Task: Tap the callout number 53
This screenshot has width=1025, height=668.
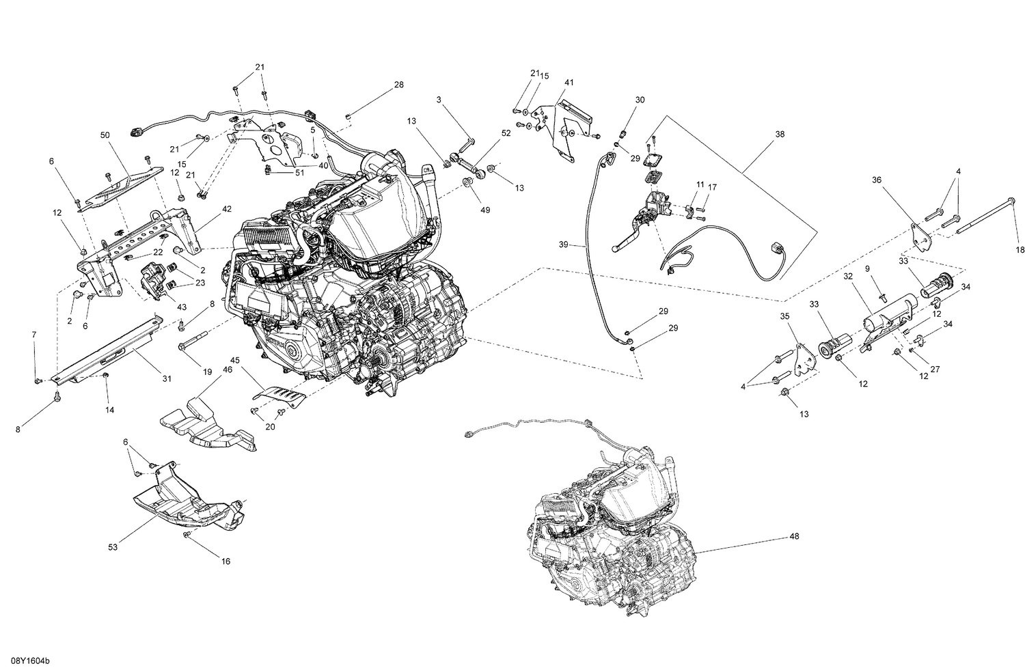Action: [112, 548]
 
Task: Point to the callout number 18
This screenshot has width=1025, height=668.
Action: [1020, 249]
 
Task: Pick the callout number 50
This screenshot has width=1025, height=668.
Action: [105, 136]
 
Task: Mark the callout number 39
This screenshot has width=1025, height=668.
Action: [563, 245]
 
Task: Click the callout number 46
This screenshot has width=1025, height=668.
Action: [227, 369]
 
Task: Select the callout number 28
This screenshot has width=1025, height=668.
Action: [398, 85]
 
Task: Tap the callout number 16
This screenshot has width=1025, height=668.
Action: [225, 561]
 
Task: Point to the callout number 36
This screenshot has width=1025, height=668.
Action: [877, 180]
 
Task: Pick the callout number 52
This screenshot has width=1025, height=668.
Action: [506, 134]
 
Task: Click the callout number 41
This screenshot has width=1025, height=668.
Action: [569, 83]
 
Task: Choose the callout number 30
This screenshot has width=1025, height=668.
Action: [640, 100]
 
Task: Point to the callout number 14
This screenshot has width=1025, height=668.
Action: [109, 410]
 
